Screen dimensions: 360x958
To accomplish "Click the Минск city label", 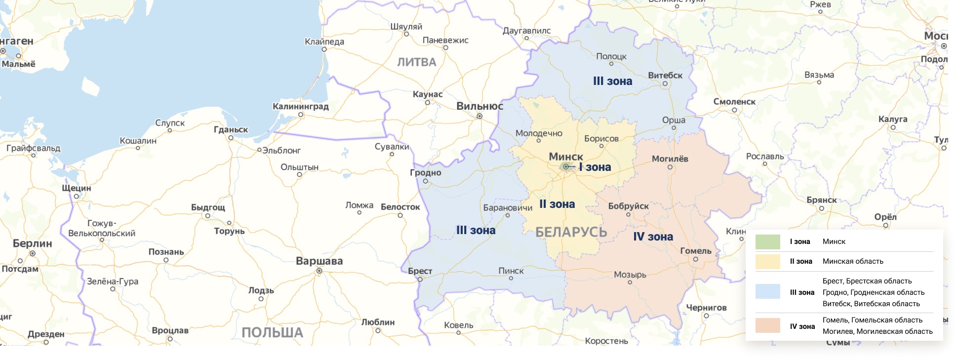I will [566, 157].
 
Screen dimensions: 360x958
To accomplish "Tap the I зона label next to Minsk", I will [595, 167].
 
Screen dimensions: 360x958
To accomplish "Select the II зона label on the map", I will [557, 204].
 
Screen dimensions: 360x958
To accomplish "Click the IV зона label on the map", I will [653, 237].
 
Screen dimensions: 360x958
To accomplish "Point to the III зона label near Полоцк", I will [612, 81].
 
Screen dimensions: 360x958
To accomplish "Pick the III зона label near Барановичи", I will [476, 230].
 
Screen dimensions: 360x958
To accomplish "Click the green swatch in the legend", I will [767, 242].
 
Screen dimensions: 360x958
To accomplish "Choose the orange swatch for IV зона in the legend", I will [767, 325].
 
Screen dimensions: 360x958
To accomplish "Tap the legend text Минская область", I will [852, 261].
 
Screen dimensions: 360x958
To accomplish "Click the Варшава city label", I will [319, 261].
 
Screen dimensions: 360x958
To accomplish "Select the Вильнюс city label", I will [479, 106].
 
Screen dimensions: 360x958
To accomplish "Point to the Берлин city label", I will [32, 243].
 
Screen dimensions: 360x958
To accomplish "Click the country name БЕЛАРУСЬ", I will [571, 232].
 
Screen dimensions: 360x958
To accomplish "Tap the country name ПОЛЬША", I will [272, 333].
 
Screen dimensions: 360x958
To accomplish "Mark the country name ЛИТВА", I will [417, 62].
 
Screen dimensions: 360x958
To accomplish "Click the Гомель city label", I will [695, 251].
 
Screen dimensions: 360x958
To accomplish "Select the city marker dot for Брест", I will [420, 279].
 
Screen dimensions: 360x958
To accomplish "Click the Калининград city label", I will [300, 106].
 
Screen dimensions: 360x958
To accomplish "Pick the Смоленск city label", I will [734, 102].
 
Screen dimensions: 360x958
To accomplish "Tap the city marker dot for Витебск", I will [665, 83].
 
